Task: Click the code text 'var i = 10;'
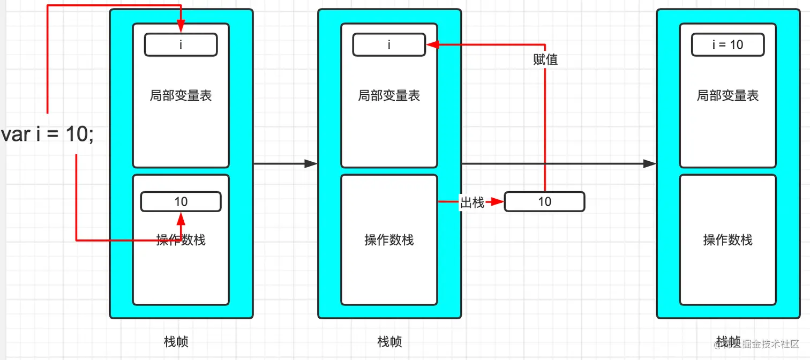click(48, 134)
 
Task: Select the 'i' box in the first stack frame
click(181, 45)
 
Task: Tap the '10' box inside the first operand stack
click(181, 202)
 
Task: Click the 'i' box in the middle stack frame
click(389, 45)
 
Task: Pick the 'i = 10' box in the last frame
click(727, 45)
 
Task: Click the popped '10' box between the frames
click(544, 202)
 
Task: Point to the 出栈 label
click(472, 202)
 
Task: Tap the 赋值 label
click(545, 60)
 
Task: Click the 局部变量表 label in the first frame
click(181, 96)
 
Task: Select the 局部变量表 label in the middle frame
click(389, 96)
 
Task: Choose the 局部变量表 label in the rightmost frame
click(727, 96)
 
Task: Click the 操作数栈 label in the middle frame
click(389, 240)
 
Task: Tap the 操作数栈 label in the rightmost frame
click(727, 240)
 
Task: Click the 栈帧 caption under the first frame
click(176, 342)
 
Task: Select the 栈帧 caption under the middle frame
click(389, 342)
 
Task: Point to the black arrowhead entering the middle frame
click(311, 164)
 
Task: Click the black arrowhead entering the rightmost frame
click(650, 164)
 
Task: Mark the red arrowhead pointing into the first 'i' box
click(181, 27)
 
